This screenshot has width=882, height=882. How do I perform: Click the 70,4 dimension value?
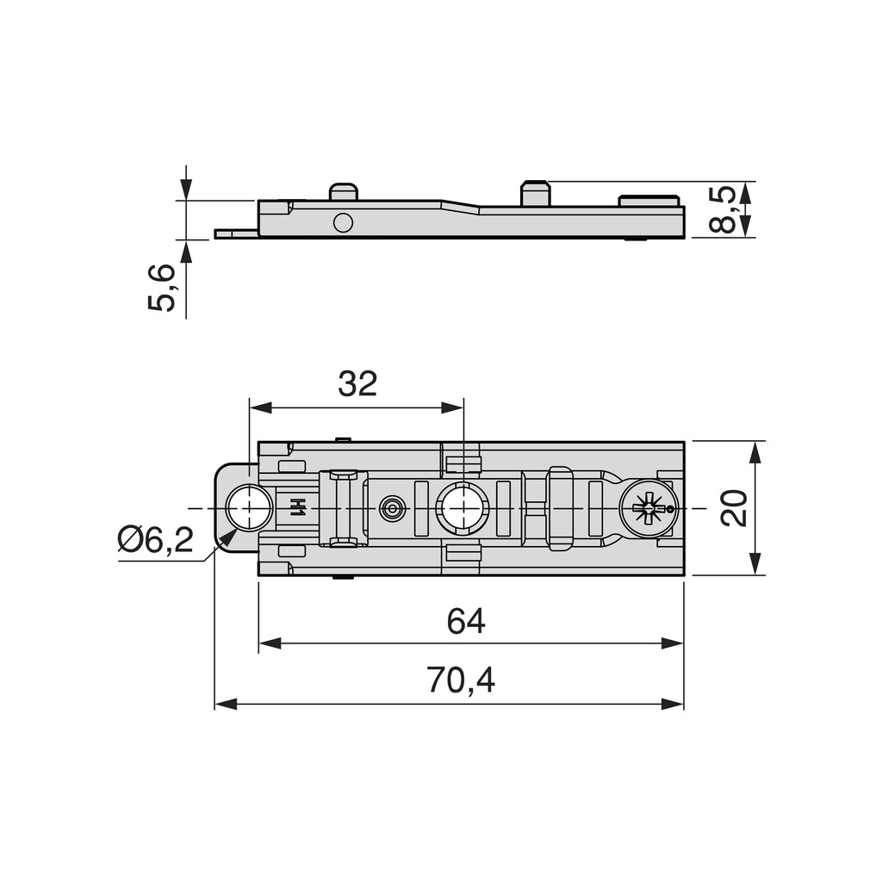click(461, 681)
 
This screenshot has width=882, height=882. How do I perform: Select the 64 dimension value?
click(466, 621)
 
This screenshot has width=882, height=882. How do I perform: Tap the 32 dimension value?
click(357, 384)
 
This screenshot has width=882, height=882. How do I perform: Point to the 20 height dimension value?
click(734, 508)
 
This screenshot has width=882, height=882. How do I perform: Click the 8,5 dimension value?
click(724, 209)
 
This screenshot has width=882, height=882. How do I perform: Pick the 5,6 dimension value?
click(162, 288)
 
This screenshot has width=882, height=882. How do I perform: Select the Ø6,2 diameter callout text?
click(156, 540)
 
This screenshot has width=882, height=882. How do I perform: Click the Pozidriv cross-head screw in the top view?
click(649, 508)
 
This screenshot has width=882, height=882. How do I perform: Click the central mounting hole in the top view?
click(463, 508)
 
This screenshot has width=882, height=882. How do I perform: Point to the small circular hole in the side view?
click(343, 222)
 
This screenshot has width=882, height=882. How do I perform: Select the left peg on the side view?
click(344, 191)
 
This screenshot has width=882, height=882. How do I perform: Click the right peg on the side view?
click(535, 193)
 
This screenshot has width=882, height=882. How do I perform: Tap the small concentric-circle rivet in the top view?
click(393, 508)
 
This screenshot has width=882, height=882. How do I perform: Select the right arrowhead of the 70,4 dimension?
click(673, 704)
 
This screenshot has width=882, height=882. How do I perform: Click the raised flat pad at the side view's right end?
click(649, 202)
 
